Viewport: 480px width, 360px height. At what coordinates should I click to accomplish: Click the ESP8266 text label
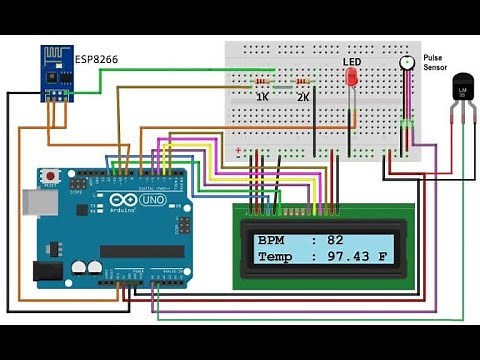point(97,60)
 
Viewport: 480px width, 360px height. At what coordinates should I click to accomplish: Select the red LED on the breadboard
point(351,81)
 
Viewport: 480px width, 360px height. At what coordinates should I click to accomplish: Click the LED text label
point(351,61)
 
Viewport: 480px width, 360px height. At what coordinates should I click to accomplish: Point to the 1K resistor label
point(262,97)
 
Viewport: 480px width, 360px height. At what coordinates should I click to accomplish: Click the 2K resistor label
point(302,97)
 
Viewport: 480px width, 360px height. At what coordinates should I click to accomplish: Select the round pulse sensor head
point(407,62)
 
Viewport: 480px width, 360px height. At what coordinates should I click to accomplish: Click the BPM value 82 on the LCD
point(334,240)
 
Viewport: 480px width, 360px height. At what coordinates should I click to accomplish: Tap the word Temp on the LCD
point(274,257)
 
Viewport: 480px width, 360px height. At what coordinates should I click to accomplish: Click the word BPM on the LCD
point(270,240)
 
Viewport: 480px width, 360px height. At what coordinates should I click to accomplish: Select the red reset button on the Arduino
point(51,177)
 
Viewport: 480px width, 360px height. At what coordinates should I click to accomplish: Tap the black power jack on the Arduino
point(47,270)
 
